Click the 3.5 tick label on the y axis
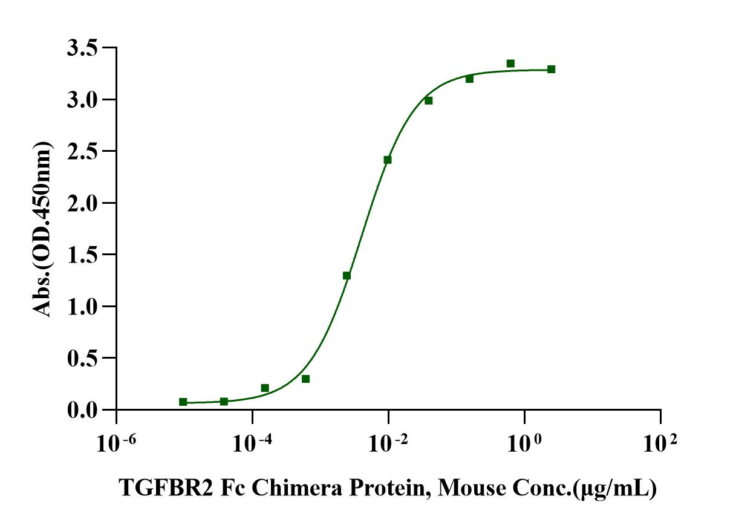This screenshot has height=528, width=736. pos(83,47)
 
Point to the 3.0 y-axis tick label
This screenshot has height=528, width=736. pos(83,99)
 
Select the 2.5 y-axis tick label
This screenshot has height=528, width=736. pos(83,151)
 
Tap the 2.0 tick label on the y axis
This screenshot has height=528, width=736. pos(83,203)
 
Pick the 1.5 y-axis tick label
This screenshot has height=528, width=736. pos(83,255)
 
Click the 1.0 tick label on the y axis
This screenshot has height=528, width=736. pos(83,306)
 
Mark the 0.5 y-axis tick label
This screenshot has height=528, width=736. pos(83,358)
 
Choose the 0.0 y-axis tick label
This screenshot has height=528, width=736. pos(83,410)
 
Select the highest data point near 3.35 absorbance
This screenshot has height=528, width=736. pos(510,64)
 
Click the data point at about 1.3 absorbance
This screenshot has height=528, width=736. pos(347,276)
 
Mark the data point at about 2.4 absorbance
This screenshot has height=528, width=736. pos(388,160)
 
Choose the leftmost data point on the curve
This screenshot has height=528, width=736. pos(183,402)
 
